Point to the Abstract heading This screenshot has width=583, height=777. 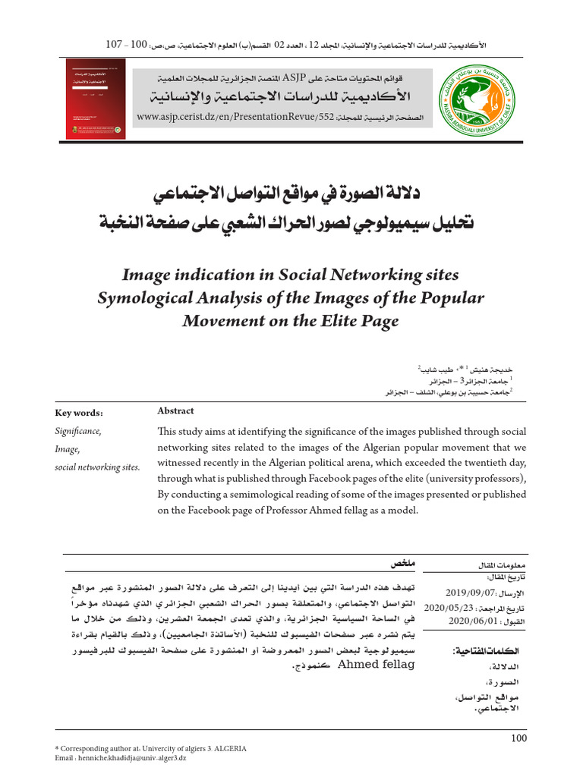(x=175, y=411)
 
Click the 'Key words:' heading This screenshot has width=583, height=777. (x=79, y=413)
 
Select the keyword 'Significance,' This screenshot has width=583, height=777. (x=77, y=431)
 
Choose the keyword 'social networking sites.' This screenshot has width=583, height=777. (x=97, y=467)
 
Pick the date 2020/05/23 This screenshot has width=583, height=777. (x=448, y=608)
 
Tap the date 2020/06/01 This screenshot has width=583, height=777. (x=471, y=621)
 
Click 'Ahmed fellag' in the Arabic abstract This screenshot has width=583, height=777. (x=377, y=664)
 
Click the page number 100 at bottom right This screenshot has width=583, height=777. (x=518, y=738)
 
